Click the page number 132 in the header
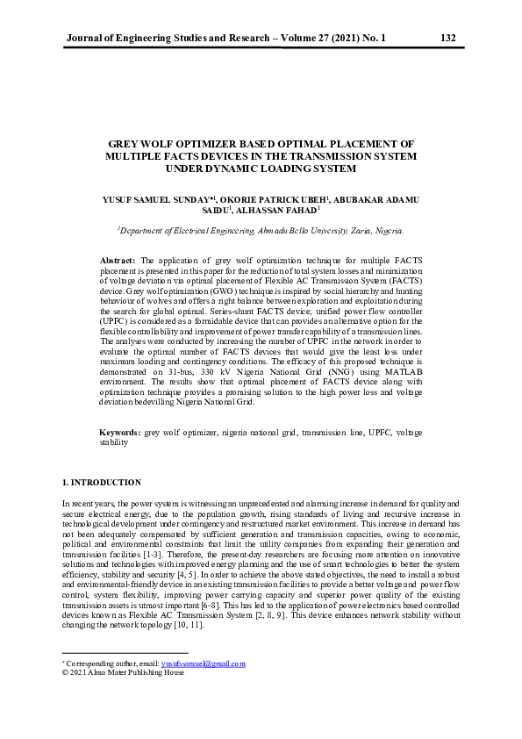pyautogui.click(x=447, y=38)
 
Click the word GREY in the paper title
pyautogui.click(x=125, y=142)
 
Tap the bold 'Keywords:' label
pyautogui.click(x=120, y=433)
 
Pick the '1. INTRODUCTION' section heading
pyautogui.click(x=101, y=483)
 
